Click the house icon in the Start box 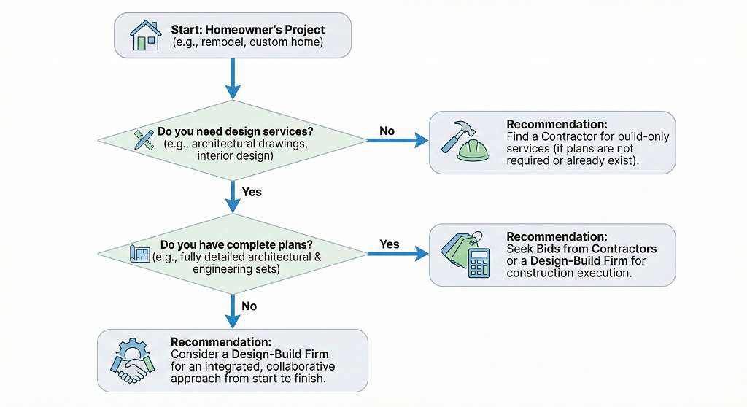(144, 35)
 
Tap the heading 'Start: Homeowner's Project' (247, 30)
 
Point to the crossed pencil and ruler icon (144, 139)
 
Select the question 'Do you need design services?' (235, 131)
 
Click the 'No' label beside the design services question (387, 131)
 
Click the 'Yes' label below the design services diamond (251, 193)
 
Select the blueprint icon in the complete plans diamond (139, 254)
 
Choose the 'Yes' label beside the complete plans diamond (390, 244)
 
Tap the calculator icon (479, 263)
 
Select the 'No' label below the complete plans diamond (249, 306)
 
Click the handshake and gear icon (132, 360)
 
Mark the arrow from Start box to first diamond (233, 78)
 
